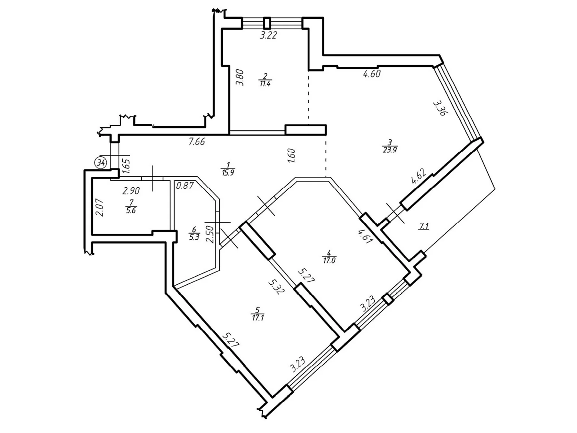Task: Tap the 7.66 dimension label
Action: click(197, 141)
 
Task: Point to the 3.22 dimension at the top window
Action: click(268, 35)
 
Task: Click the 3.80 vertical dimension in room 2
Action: click(240, 77)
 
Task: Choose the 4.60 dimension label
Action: click(372, 74)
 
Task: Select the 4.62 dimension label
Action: click(419, 177)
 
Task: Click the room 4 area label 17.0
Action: click(329, 260)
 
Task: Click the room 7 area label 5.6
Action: click(131, 210)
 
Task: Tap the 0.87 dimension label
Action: click(185, 186)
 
